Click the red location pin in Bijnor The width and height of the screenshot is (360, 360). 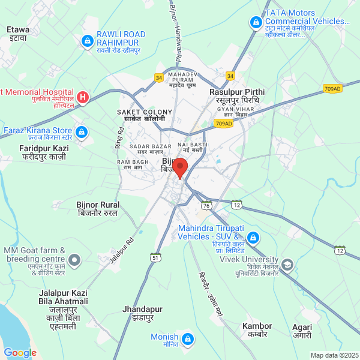tap(179, 167)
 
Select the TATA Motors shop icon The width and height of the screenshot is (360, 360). tap(255, 23)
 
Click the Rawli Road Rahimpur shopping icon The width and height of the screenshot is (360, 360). tap(87, 41)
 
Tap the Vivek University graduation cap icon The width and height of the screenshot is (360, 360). tap(287, 264)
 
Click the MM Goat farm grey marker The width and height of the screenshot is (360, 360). tap(74, 260)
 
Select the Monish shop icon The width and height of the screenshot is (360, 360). tap(188, 340)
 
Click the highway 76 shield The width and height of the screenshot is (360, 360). tap(207, 205)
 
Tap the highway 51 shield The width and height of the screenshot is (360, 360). tap(155, 257)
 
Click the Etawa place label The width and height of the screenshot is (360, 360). tap(18, 32)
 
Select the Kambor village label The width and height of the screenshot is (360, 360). tap(257, 331)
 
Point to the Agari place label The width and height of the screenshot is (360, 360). tap(302, 332)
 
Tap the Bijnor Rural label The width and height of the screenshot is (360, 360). tap(98, 209)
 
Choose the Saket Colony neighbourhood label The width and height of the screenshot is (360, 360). tap(144, 115)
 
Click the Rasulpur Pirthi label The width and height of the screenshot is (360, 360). tap(236, 96)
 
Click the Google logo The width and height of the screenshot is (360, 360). tap(20, 353)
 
